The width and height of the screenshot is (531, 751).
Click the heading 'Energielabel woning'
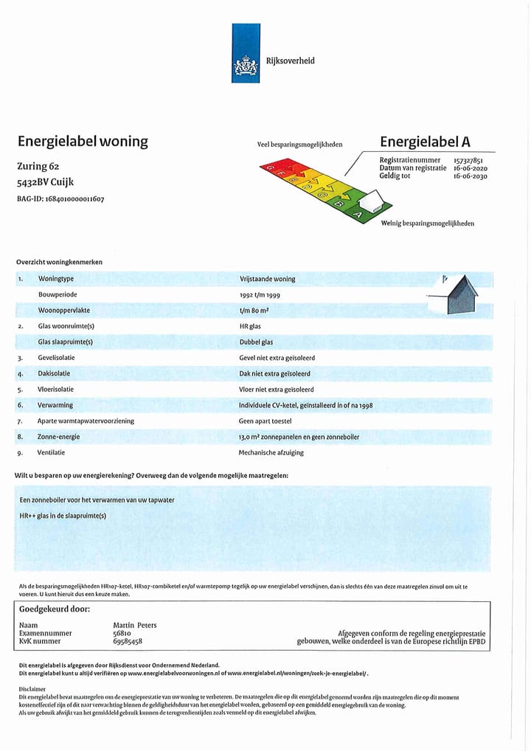pyautogui.click(x=82, y=141)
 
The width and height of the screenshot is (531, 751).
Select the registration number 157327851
pyautogui.click(x=468, y=160)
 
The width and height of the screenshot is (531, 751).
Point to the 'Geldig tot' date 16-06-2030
pyautogui.click(x=470, y=176)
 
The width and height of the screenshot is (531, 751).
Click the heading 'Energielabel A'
pyautogui.click(x=425, y=142)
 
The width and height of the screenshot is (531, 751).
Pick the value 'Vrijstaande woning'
pyautogui.click(x=267, y=279)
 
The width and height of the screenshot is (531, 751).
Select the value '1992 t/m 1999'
pyautogui.click(x=260, y=295)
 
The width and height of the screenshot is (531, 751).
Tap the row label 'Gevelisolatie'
pyautogui.click(x=56, y=358)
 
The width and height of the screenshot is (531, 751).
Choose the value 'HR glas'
pyautogui.click(x=250, y=326)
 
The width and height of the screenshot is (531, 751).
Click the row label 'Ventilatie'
pyautogui.click(x=52, y=452)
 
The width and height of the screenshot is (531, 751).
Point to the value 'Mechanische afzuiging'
pyautogui.click(x=271, y=452)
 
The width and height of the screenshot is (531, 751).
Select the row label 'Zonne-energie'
pyautogui.click(x=59, y=437)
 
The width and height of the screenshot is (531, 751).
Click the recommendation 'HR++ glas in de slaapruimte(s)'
pyautogui.click(x=63, y=516)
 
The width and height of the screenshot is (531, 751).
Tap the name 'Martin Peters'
pyautogui.click(x=134, y=625)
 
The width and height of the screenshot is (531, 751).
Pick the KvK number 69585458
pyautogui.click(x=128, y=642)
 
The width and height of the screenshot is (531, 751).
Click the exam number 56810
pyautogui.click(x=122, y=633)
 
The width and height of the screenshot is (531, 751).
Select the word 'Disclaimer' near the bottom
pyautogui.click(x=32, y=688)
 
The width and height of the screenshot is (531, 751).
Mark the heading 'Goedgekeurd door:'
pyautogui.click(x=54, y=609)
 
